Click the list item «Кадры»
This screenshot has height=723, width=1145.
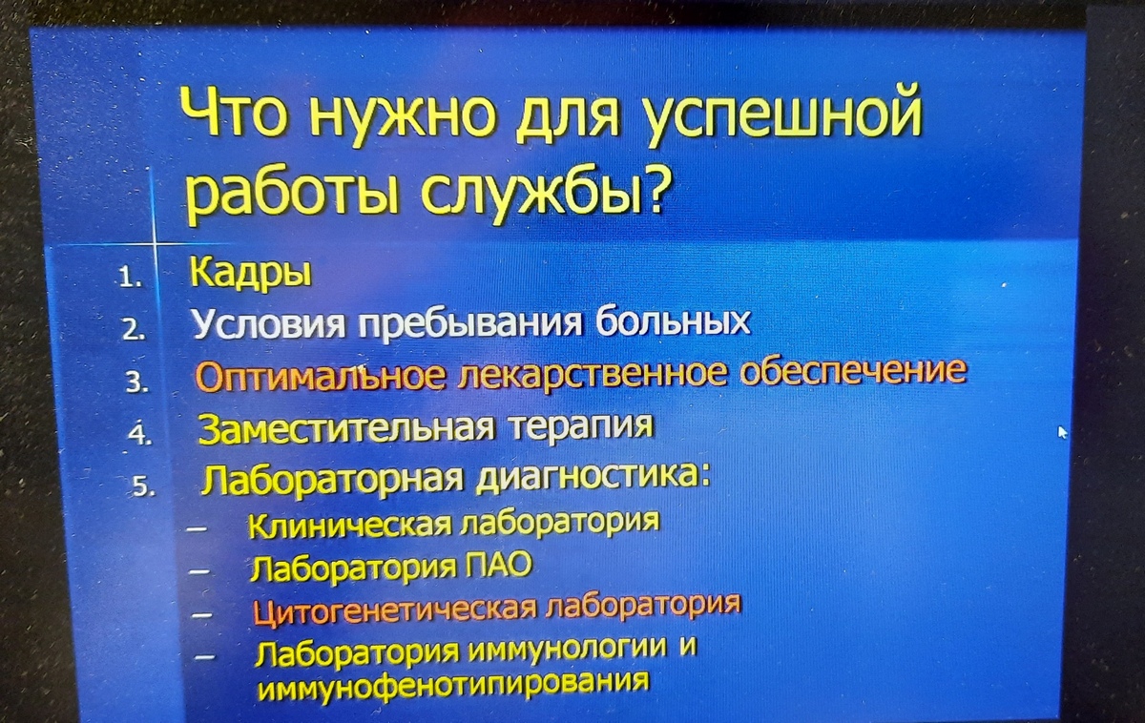250,274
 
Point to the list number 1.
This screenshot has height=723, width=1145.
128,279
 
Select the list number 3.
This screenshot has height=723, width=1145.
136,382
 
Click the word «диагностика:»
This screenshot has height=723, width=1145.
593,479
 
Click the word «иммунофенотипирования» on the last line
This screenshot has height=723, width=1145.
454,685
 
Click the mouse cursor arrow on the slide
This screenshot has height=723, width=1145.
1063,432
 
